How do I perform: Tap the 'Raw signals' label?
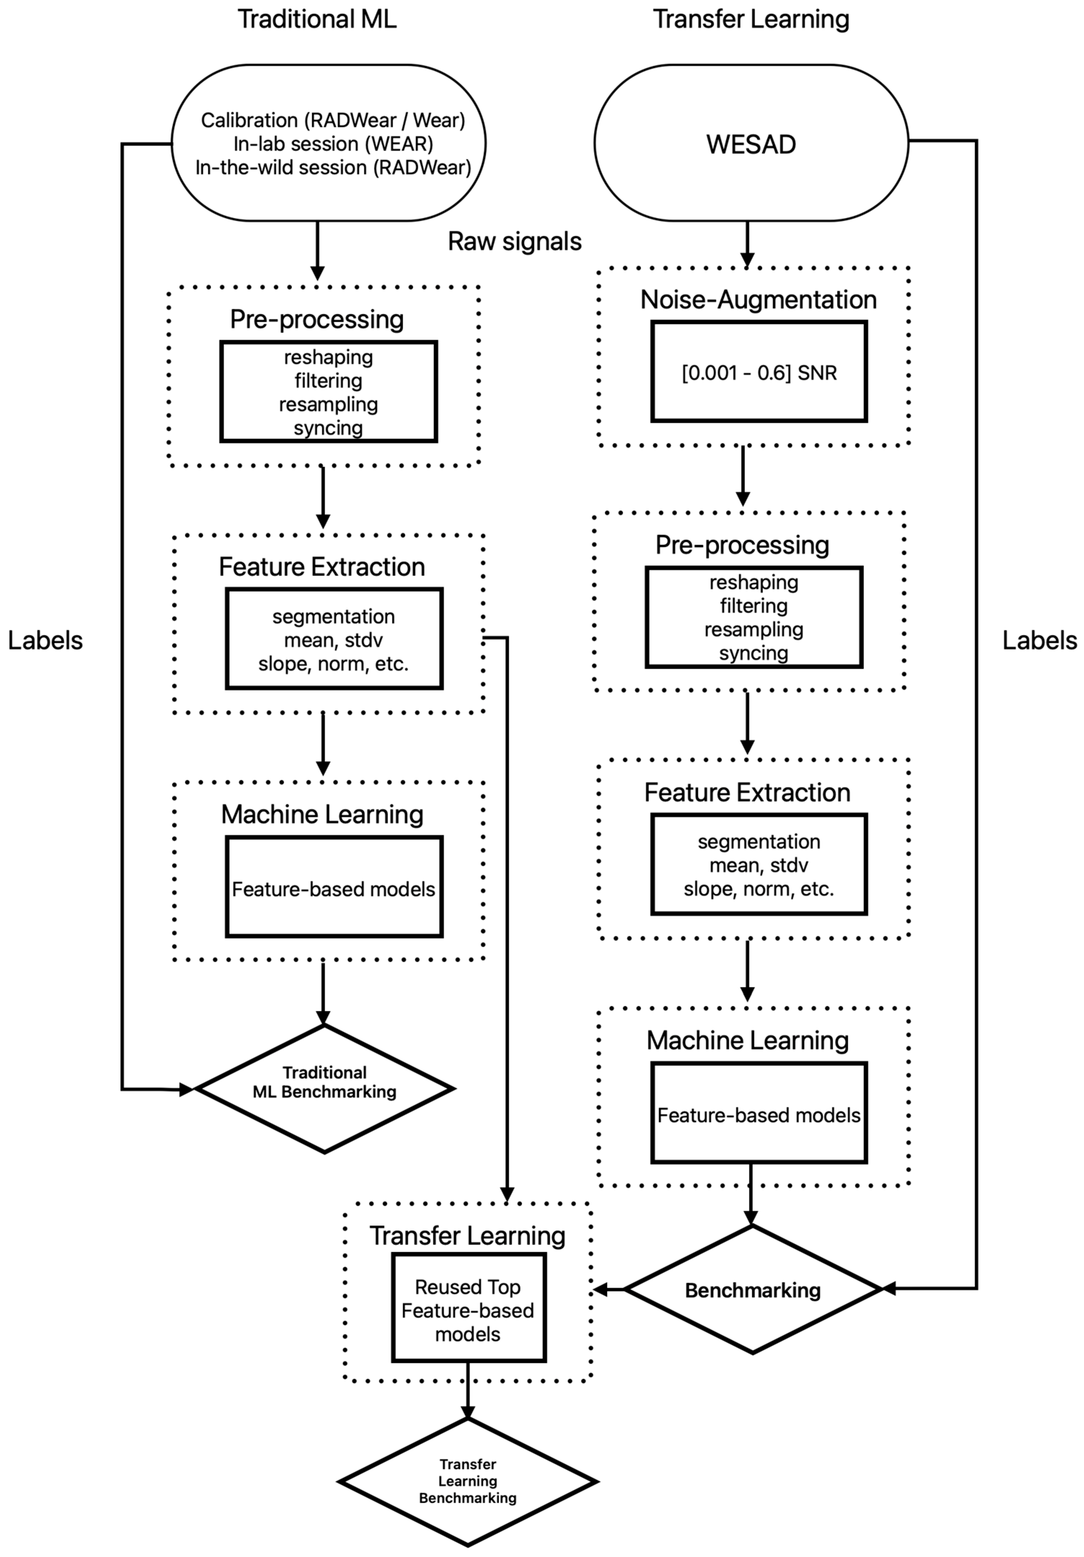tap(514, 242)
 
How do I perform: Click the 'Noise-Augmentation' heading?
tap(758, 300)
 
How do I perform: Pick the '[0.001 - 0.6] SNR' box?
tap(758, 372)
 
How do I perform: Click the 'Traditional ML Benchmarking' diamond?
tap(324, 1089)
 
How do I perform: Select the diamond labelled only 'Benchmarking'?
tap(752, 1290)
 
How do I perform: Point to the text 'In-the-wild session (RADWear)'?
tap(333, 167)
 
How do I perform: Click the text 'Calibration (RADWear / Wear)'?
tap(333, 120)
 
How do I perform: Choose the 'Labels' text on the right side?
tap(1039, 640)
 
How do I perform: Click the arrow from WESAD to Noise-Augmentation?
tap(747, 244)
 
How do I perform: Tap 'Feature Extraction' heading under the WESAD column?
tap(747, 792)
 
